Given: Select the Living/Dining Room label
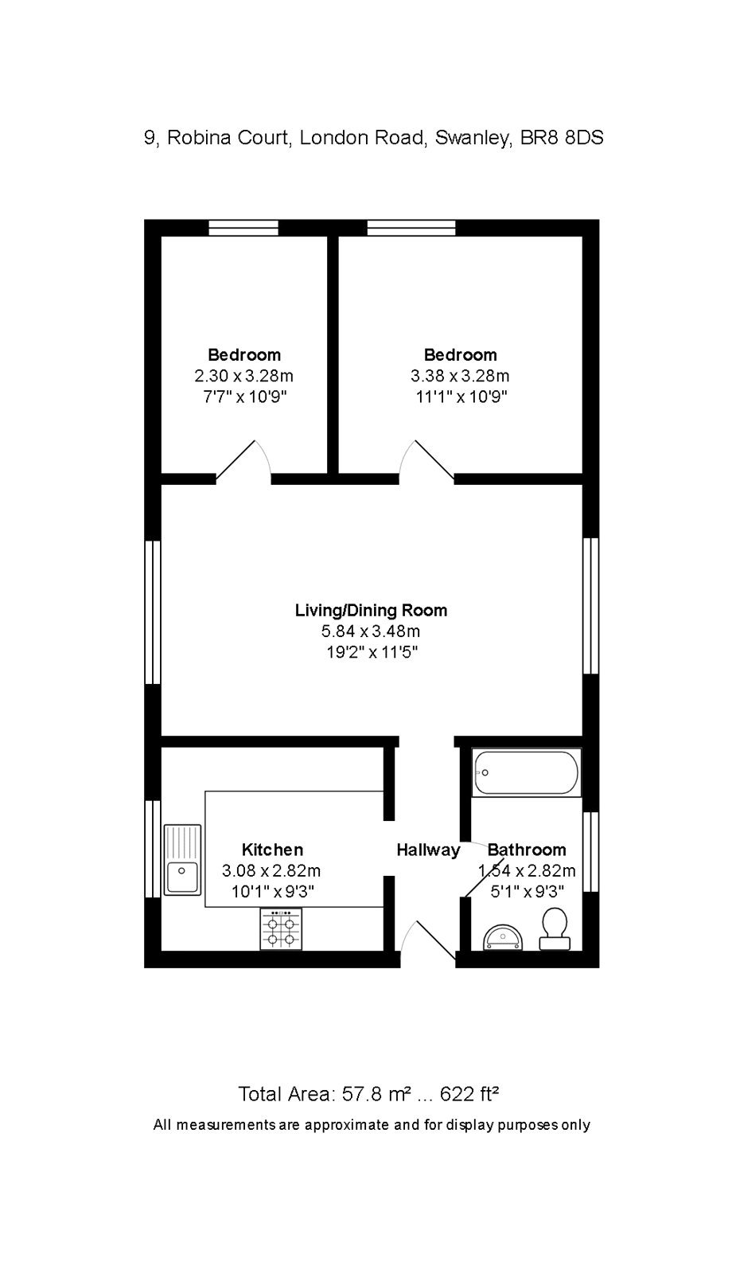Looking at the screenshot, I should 371,611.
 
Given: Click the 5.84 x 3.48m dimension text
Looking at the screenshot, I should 371,631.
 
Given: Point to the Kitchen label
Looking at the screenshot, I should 272,850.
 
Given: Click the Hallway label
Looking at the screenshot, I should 428,850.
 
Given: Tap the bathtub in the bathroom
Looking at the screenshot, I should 526,772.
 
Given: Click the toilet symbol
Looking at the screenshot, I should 555,929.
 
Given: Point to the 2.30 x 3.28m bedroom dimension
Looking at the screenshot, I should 243,376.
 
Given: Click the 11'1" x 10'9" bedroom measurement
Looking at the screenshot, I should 460,397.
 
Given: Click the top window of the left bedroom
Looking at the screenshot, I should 243,229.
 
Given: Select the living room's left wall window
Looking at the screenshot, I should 153,612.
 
